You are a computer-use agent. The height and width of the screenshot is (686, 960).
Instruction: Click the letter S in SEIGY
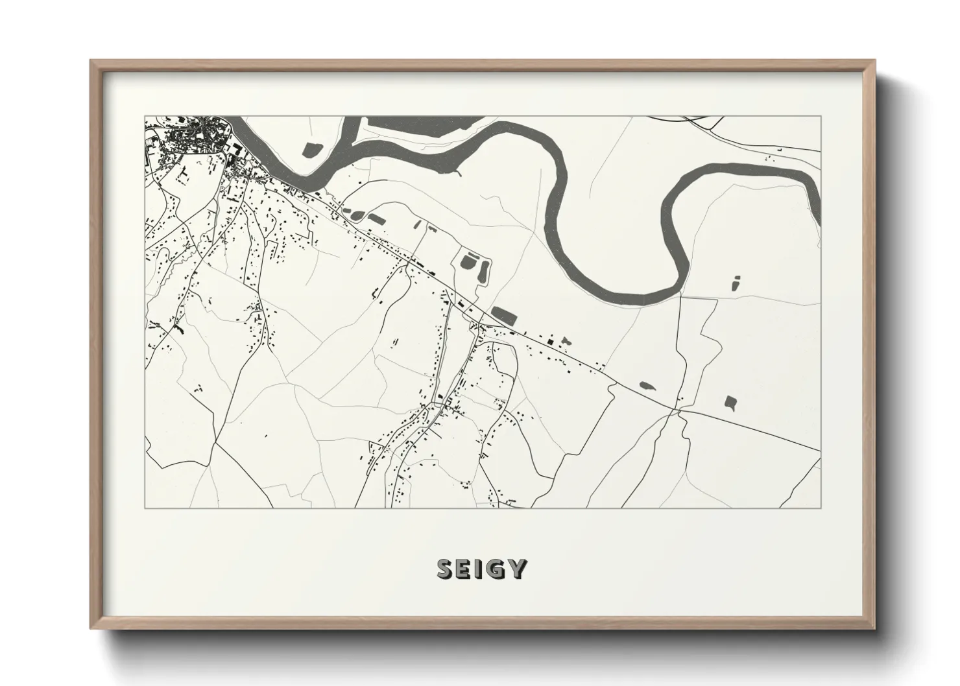(x=446, y=569)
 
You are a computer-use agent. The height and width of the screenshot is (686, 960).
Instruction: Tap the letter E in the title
(x=464, y=569)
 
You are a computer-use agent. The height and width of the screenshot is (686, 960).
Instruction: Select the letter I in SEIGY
(x=479, y=569)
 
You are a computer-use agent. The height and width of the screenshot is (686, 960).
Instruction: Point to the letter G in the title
(x=495, y=569)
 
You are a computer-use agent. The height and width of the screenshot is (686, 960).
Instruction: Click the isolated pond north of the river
(x=312, y=149)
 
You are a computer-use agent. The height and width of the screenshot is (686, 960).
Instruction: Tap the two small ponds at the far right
(x=736, y=283)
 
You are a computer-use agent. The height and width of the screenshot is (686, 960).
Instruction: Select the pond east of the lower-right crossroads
(x=731, y=402)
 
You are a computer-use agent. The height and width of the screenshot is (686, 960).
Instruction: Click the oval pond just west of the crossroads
(x=647, y=385)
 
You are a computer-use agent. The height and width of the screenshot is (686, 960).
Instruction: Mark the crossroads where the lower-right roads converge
(x=678, y=410)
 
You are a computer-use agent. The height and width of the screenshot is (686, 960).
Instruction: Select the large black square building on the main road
(x=550, y=341)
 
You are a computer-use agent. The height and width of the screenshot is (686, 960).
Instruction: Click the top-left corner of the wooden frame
(x=91, y=61)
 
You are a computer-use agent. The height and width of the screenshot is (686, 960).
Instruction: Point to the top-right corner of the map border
(x=821, y=116)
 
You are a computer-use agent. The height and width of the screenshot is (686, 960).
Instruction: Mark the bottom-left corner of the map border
(x=145, y=508)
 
